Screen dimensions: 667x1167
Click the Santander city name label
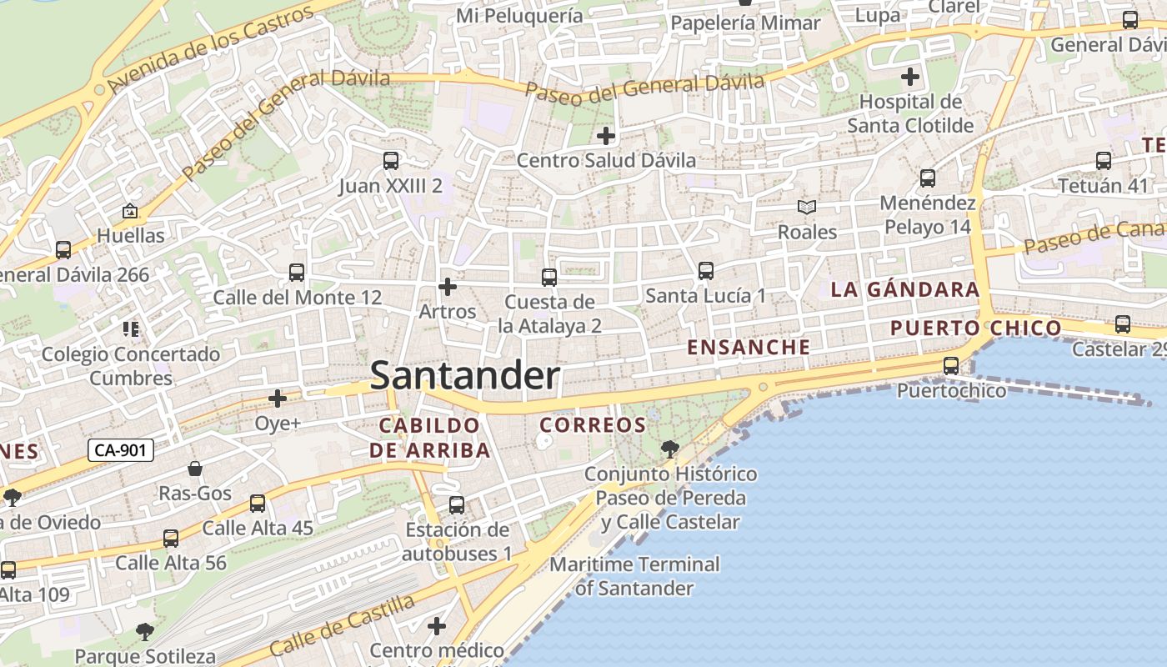pos(464,376)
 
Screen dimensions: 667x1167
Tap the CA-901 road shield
pos(121,451)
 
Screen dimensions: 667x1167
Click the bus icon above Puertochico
pos(950,365)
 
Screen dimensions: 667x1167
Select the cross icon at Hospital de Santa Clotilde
pos(910,78)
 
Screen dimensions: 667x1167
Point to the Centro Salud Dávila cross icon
pos(606,135)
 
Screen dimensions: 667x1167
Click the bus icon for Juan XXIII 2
pos(390,161)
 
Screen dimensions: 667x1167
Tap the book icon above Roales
pos(806,207)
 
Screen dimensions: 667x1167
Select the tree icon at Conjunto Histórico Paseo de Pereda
pos(669,450)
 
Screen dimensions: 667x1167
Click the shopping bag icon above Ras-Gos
pos(195,469)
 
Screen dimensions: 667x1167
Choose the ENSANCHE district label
pos(749,348)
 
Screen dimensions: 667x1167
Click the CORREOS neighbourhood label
pos(593,425)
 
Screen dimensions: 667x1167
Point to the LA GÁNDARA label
pos(904,290)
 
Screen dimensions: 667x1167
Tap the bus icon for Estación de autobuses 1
pos(457,504)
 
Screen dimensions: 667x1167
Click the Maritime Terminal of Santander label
pos(634,576)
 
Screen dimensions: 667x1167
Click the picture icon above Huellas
pos(129,212)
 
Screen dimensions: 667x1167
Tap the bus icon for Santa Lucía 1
pos(705,271)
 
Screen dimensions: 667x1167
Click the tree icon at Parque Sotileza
pos(145,631)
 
